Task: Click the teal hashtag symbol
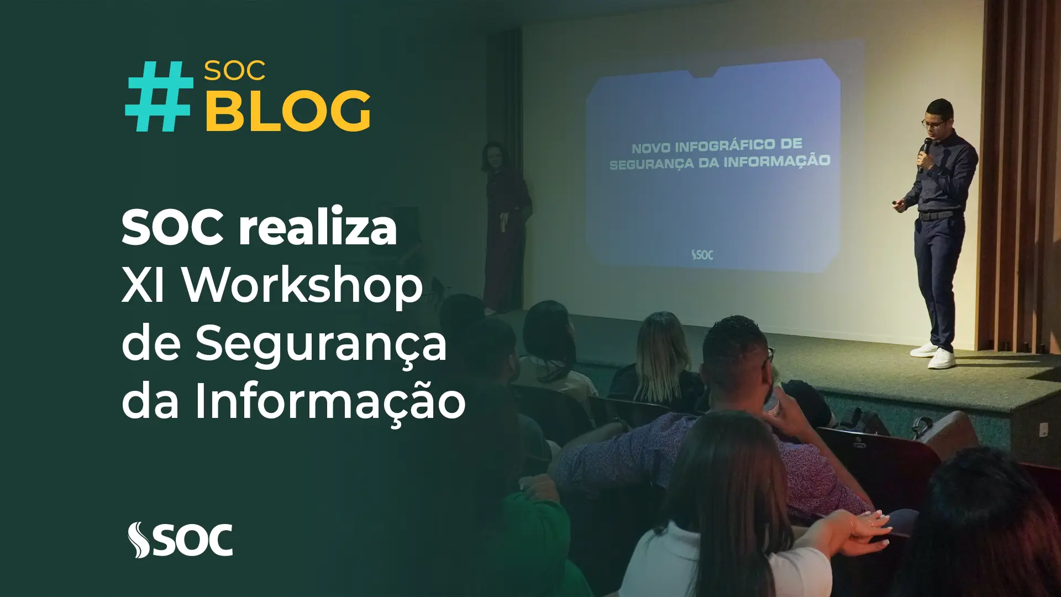click(x=160, y=96)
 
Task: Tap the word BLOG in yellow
click(x=288, y=111)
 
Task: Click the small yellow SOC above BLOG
click(x=235, y=71)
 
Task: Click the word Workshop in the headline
click(x=303, y=287)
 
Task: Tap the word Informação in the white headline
click(x=330, y=401)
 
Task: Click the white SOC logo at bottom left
click(x=180, y=540)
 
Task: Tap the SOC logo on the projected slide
click(x=702, y=255)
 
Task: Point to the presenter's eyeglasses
click(x=933, y=123)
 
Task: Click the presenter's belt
click(x=935, y=215)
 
